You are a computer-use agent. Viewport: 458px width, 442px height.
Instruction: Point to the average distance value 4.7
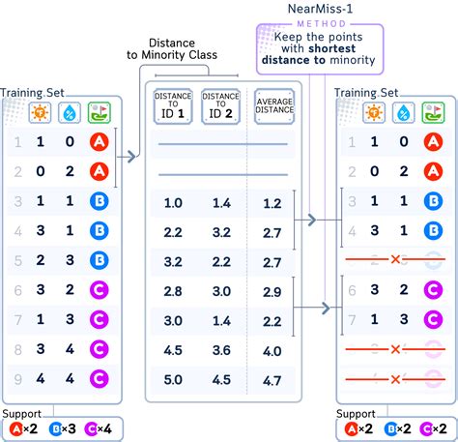click(272, 380)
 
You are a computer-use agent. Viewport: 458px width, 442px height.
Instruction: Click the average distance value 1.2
click(272, 204)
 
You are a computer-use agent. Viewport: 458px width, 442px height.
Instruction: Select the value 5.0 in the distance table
click(174, 380)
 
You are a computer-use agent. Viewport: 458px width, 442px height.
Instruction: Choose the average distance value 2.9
click(272, 292)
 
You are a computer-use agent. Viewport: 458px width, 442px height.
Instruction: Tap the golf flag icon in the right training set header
click(432, 111)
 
